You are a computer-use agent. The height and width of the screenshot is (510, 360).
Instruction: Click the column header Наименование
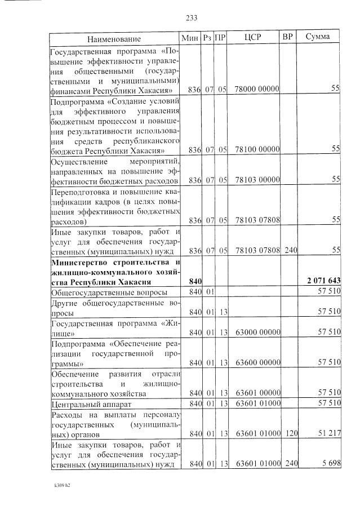click(x=114, y=38)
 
